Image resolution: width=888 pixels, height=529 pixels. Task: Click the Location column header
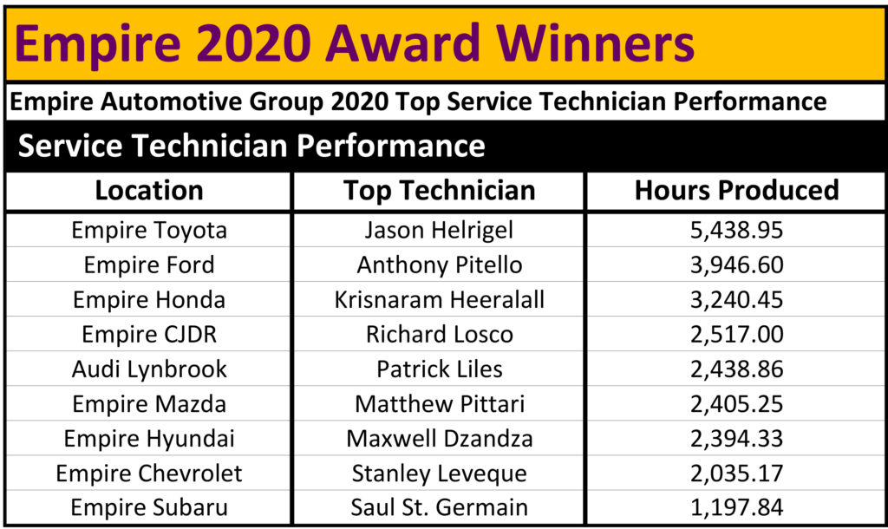[149, 191]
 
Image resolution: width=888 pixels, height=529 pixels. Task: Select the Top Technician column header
[439, 191]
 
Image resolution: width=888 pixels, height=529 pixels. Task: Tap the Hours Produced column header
[736, 191]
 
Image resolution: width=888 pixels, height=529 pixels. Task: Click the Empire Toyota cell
[149, 231]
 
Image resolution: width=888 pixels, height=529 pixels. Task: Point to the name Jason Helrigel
[439, 231]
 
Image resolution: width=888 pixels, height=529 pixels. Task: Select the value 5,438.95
[736, 231]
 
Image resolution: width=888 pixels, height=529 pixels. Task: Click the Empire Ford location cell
[149, 265]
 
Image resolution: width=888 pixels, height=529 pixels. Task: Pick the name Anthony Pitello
[439, 265]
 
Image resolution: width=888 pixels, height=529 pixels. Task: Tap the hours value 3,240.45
[736, 299]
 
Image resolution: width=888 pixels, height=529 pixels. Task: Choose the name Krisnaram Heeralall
[439, 299]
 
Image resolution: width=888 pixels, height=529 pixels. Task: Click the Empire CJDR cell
[149, 335]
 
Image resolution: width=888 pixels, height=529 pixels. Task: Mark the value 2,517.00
[736, 334]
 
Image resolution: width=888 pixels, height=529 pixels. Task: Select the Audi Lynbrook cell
[149, 369]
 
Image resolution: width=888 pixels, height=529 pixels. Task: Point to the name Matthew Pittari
[439, 404]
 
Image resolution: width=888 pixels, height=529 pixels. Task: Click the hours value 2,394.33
[736, 439]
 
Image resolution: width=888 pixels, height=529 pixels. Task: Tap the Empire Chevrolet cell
[149, 473]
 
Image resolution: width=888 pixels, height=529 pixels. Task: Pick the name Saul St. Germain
[439, 507]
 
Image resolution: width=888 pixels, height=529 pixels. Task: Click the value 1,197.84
[736, 507]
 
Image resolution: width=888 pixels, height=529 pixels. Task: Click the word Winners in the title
[595, 43]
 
